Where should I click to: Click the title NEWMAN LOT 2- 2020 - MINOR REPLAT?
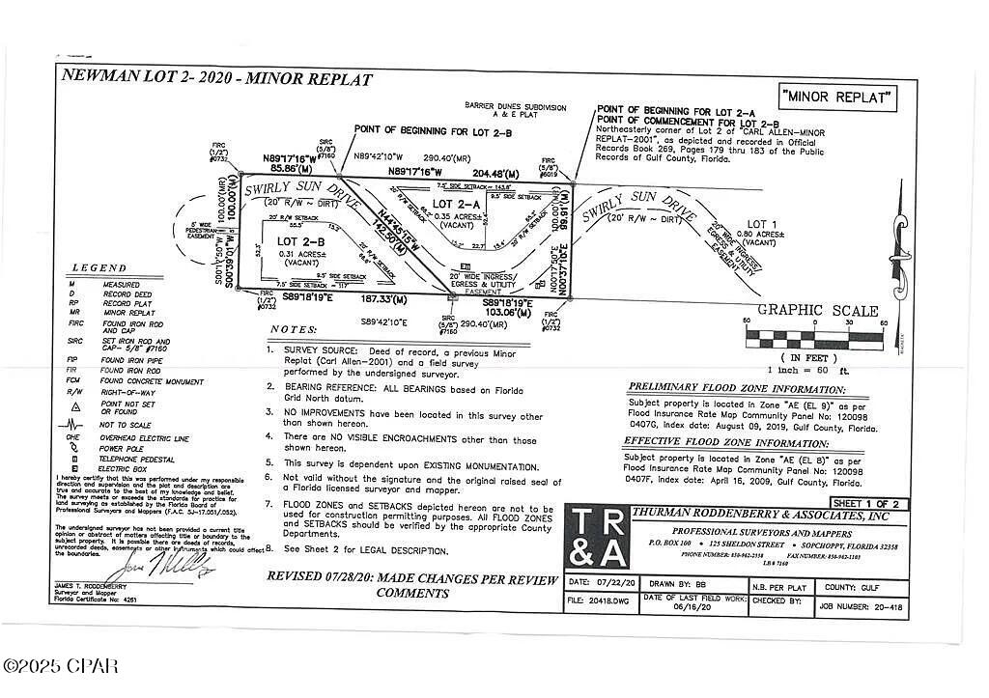coord(216,78)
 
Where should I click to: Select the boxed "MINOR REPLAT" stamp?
coord(837,97)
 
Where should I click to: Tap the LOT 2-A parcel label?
coord(456,205)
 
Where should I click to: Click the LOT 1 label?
coord(762,225)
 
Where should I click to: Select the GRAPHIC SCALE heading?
coord(817,311)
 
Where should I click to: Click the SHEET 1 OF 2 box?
coord(867,503)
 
